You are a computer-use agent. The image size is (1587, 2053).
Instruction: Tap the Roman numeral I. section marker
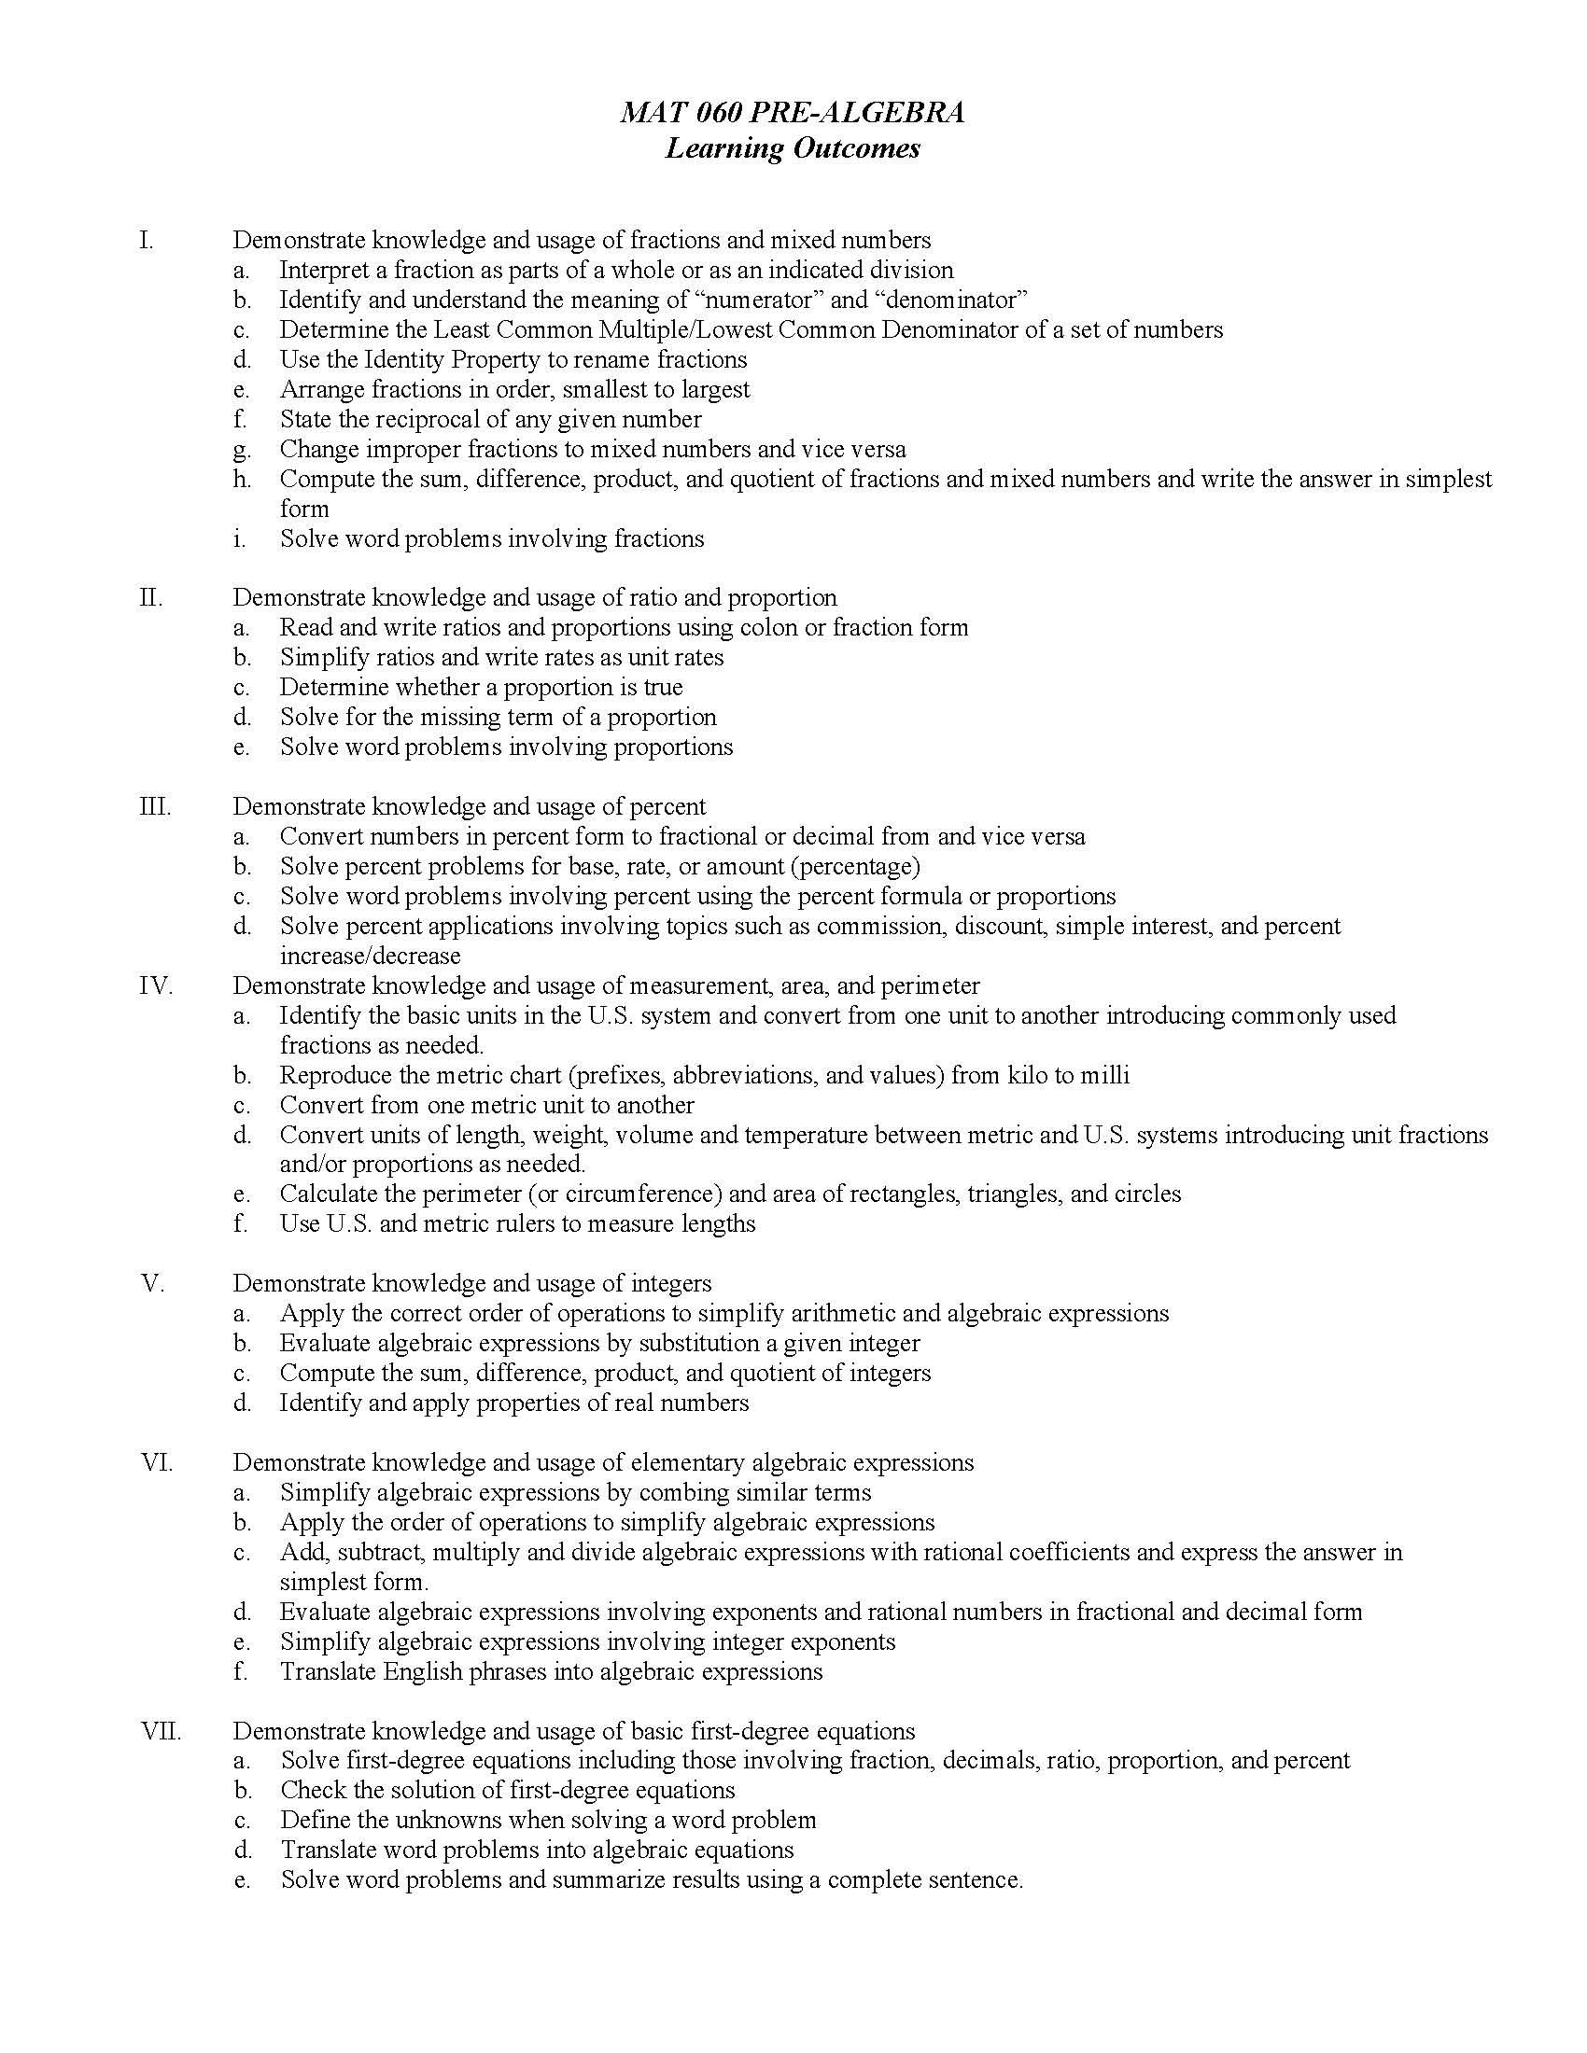[146, 241]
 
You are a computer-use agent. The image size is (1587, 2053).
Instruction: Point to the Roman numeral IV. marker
[156, 986]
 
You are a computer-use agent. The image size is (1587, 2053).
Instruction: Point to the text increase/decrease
[370, 956]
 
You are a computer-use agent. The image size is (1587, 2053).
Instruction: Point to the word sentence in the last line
[974, 1881]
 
